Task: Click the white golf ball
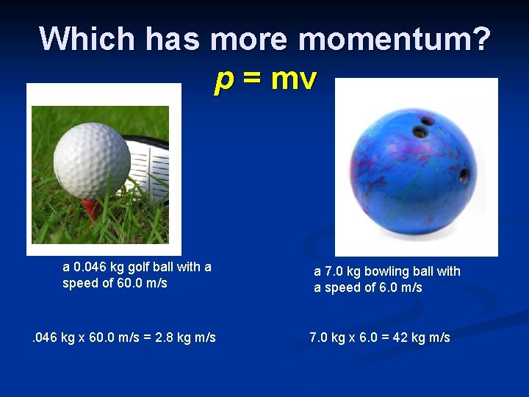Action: coord(92,161)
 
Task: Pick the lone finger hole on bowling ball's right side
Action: coord(464,176)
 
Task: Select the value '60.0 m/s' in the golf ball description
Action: coord(142,283)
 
